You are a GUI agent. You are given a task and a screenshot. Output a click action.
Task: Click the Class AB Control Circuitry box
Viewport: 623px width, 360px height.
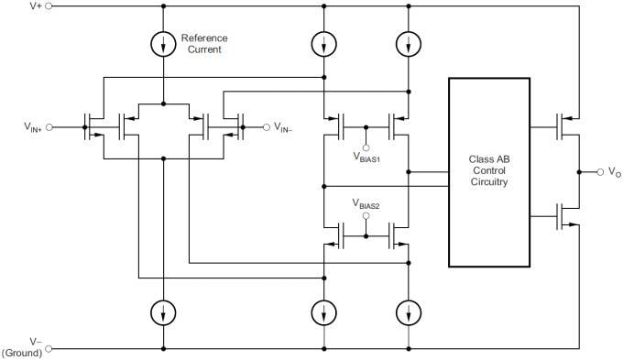pyautogui.click(x=488, y=172)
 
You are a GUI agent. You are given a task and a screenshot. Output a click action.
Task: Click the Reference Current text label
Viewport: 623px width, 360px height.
pyautogui.click(x=203, y=44)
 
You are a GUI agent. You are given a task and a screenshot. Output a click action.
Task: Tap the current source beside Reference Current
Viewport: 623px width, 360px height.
pyautogui.click(x=163, y=43)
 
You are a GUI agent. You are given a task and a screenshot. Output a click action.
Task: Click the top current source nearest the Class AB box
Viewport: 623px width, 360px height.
pyautogui.click(x=406, y=43)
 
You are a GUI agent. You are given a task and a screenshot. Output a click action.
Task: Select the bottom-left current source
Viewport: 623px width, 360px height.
pyautogui.click(x=163, y=312)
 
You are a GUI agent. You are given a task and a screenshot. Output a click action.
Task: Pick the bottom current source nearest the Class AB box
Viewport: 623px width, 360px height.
pyautogui.click(x=406, y=312)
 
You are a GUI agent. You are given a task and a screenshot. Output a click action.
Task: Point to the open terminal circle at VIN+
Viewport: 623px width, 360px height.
pyautogui.click(x=49, y=127)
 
